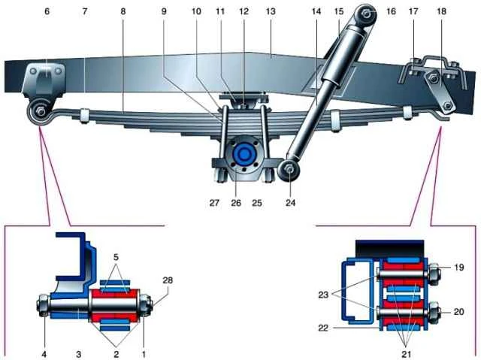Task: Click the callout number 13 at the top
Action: pyautogui.click(x=271, y=12)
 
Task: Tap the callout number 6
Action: pyautogui.click(x=47, y=12)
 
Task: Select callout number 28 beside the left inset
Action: pyautogui.click(x=168, y=280)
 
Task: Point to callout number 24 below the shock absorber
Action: pyautogui.click(x=291, y=202)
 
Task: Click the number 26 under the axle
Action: pyautogui.click(x=236, y=203)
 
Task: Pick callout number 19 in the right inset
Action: pyautogui.click(x=458, y=268)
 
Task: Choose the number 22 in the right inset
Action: pyautogui.click(x=323, y=328)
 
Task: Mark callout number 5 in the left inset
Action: pyautogui.click(x=116, y=257)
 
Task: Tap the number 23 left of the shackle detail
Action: pyautogui.click(x=323, y=295)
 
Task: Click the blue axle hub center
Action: pyautogui.click(x=244, y=153)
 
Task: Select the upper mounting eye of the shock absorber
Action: pyautogui.click(x=366, y=14)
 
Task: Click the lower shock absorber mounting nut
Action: pyautogui.click(x=289, y=169)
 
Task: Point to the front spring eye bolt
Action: pyautogui.click(x=40, y=111)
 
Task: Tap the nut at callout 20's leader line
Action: pyautogui.click(x=434, y=312)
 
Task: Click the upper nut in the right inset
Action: pyautogui.click(x=434, y=273)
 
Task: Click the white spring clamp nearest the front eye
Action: pyautogui.click(x=83, y=115)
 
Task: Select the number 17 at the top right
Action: pyautogui.click(x=413, y=12)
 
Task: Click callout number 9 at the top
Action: pyautogui.click(x=164, y=12)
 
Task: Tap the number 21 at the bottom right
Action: pyautogui.click(x=406, y=355)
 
